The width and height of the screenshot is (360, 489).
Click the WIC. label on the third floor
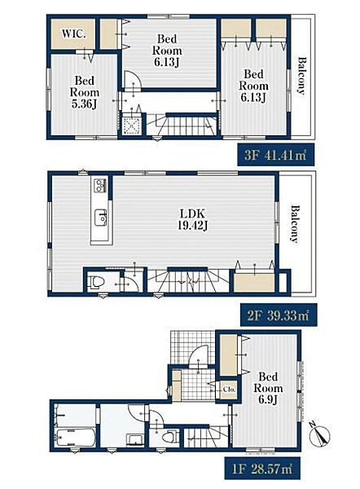73,33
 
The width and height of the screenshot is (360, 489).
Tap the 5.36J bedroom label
85,92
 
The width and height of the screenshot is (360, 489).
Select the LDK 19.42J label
192,219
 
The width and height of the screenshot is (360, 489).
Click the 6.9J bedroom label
268,388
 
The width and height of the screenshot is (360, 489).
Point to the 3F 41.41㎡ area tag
275,155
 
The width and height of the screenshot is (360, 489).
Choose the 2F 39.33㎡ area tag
279,315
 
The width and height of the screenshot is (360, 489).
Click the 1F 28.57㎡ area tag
262,469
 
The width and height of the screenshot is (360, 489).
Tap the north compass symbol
318,434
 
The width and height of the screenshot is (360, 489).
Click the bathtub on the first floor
75,438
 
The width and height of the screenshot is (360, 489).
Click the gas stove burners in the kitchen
100,185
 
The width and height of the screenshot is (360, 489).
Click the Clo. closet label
229,390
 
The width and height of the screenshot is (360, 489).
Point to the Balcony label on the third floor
301,76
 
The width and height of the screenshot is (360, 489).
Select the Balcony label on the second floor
295,223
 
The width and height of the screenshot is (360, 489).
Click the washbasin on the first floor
135,439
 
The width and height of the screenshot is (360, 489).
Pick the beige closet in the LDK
254,283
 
